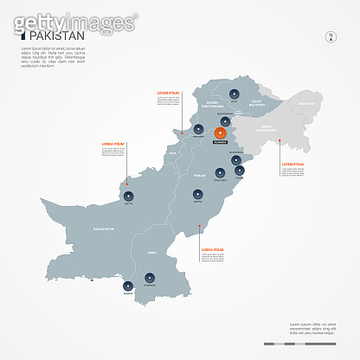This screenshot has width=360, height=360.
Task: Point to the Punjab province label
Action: (x=199, y=176)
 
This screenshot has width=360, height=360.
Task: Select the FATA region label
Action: (x=172, y=153)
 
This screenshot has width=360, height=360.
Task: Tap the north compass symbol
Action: (x=329, y=36)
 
